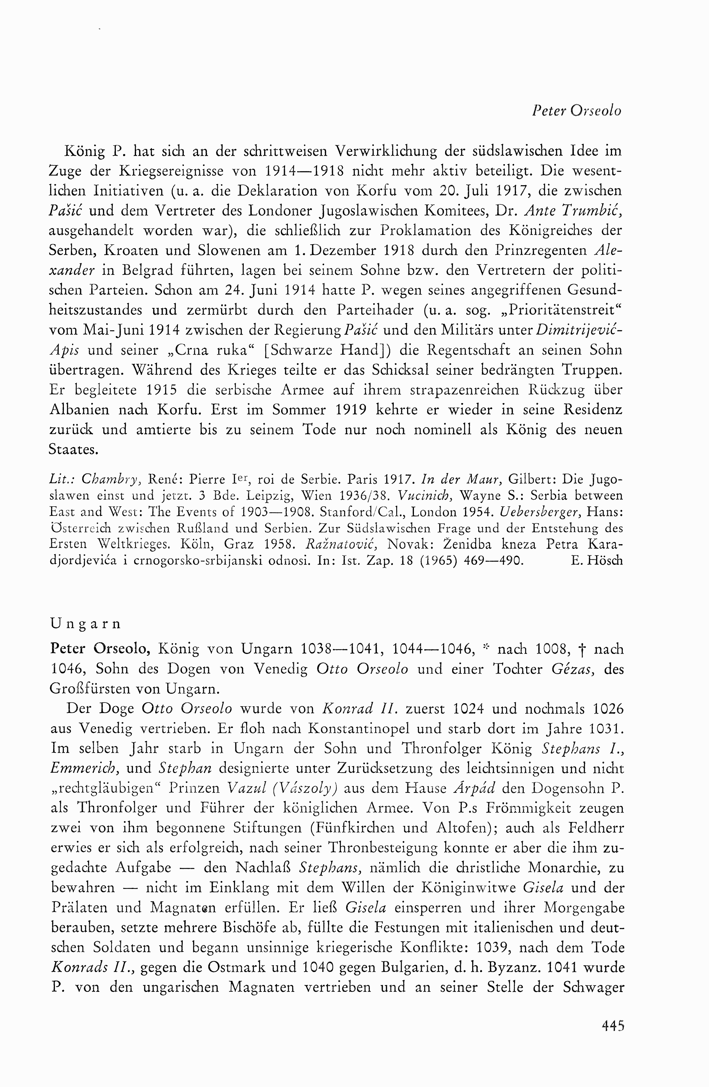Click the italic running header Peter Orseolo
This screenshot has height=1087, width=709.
577,111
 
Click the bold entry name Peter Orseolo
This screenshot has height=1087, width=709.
101,649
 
